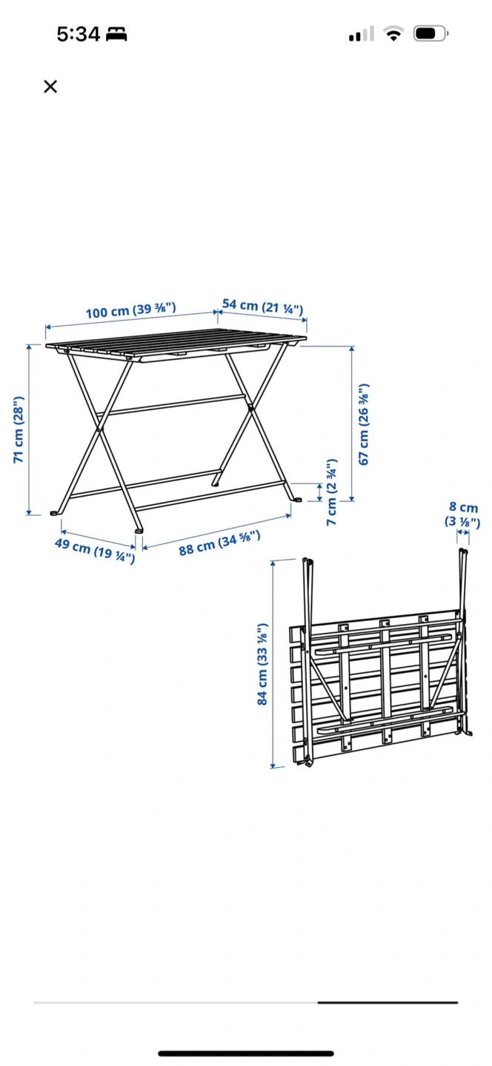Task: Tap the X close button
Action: [50, 86]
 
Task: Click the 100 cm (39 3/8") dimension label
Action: [131, 310]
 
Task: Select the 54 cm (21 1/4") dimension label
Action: [262, 306]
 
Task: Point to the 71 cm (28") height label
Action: [18, 429]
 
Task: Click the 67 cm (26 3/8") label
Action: [363, 424]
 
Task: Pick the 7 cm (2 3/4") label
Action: [331, 492]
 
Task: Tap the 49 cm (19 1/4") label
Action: [95, 549]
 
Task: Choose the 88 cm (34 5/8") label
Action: [219, 543]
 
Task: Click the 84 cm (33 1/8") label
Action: [262, 664]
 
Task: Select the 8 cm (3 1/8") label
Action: [462, 514]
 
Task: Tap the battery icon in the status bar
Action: [430, 34]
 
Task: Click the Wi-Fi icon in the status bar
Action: [393, 34]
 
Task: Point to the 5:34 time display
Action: [79, 34]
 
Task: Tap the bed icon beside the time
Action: [116, 34]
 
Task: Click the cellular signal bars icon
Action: [362, 34]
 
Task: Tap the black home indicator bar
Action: [246, 1053]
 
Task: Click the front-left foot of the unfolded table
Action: [56, 512]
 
